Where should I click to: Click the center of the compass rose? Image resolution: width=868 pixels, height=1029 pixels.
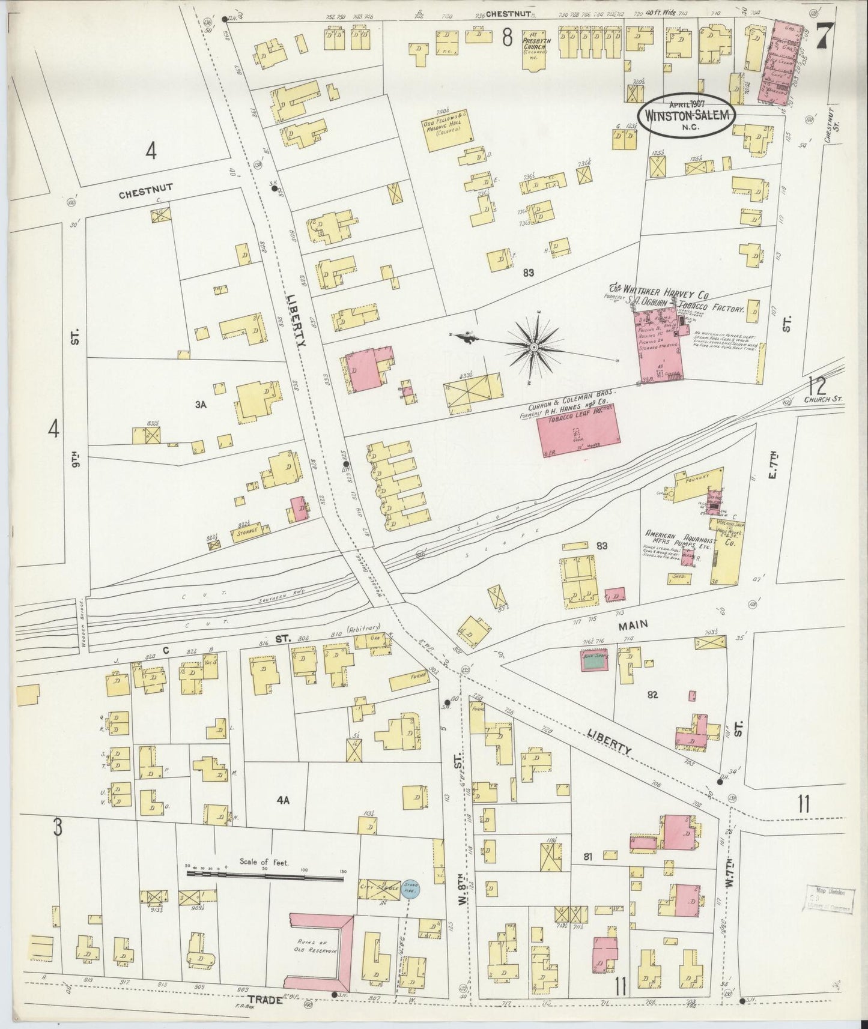pos(534,346)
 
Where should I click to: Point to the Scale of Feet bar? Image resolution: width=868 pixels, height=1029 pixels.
pos(265,877)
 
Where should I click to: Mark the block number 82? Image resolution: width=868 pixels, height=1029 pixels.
pos(653,695)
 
